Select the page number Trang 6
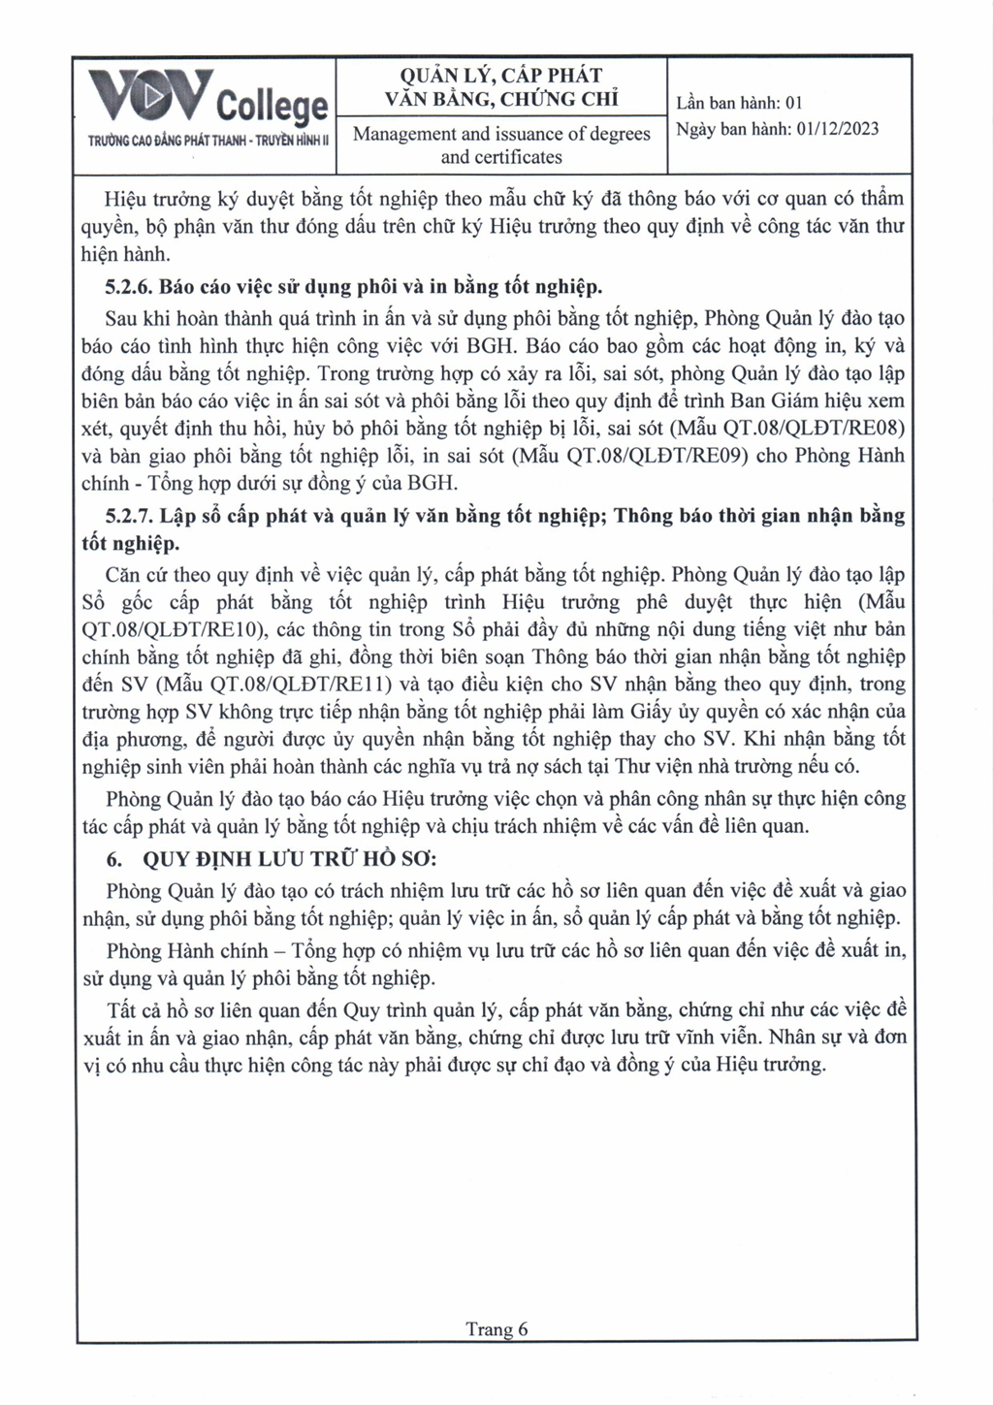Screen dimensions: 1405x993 496,1328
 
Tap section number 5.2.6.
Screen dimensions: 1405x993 129,287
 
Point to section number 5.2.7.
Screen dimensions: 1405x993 129,515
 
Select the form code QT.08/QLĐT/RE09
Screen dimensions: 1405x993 629,455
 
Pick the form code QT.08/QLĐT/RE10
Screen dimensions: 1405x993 170,629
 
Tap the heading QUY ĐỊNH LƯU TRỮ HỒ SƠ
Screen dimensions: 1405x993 290,859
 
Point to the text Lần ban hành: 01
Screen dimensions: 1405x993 740,103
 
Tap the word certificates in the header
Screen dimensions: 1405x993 501,156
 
